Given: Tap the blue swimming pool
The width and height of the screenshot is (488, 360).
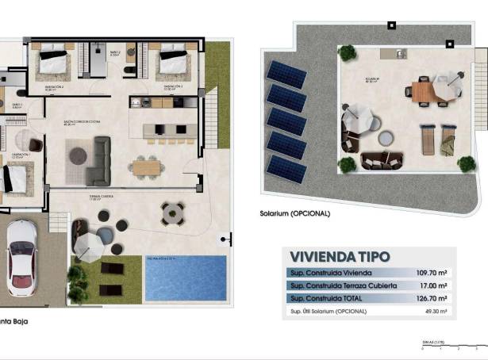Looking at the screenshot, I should point(186,277).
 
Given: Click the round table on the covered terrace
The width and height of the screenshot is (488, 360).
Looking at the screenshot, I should point(172,213).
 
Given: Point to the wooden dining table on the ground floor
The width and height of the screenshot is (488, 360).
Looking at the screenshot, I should point(146,167).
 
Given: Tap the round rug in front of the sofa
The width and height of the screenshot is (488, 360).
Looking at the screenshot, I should point(78,155).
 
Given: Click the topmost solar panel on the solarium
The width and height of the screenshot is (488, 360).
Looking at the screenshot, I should point(286,75).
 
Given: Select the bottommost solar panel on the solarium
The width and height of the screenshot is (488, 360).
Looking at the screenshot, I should point(286,169).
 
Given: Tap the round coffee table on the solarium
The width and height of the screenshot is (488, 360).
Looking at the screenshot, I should point(386,139).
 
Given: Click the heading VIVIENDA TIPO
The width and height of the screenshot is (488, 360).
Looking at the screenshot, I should point(340,257).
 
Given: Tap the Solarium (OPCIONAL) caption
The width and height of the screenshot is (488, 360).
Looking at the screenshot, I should point(294,213).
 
